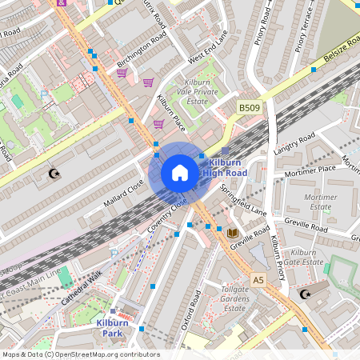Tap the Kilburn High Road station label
(x=224, y=166)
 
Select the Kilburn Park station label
(x=113, y=326)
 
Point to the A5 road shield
(x=258, y=280)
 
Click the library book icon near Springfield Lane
(x=233, y=233)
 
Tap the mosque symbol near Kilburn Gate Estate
(x=304, y=295)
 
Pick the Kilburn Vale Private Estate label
(x=200, y=92)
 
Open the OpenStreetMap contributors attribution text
(x=80, y=354)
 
